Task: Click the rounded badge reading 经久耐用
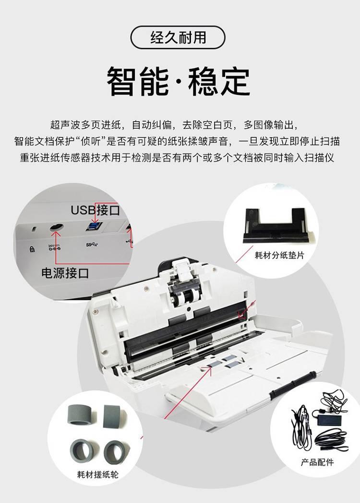pyautogui.click(x=178, y=37)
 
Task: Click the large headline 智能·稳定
pyautogui.click(x=178, y=81)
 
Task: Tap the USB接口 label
pyautogui.click(x=95, y=210)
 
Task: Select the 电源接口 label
pyautogui.click(x=65, y=273)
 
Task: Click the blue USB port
pyautogui.click(x=94, y=226)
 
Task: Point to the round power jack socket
pyautogui.click(x=57, y=227)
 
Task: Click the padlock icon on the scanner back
pyautogui.click(x=32, y=249)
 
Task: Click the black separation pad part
pyautogui.click(x=275, y=225)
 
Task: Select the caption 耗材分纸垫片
pyautogui.click(x=279, y=256)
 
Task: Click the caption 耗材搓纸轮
pyautogui.click(x=98, y=474)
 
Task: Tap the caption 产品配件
pyautogui.click(x=317, y=462)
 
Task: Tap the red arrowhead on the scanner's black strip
pyautogui.click(x=241, y=314)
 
